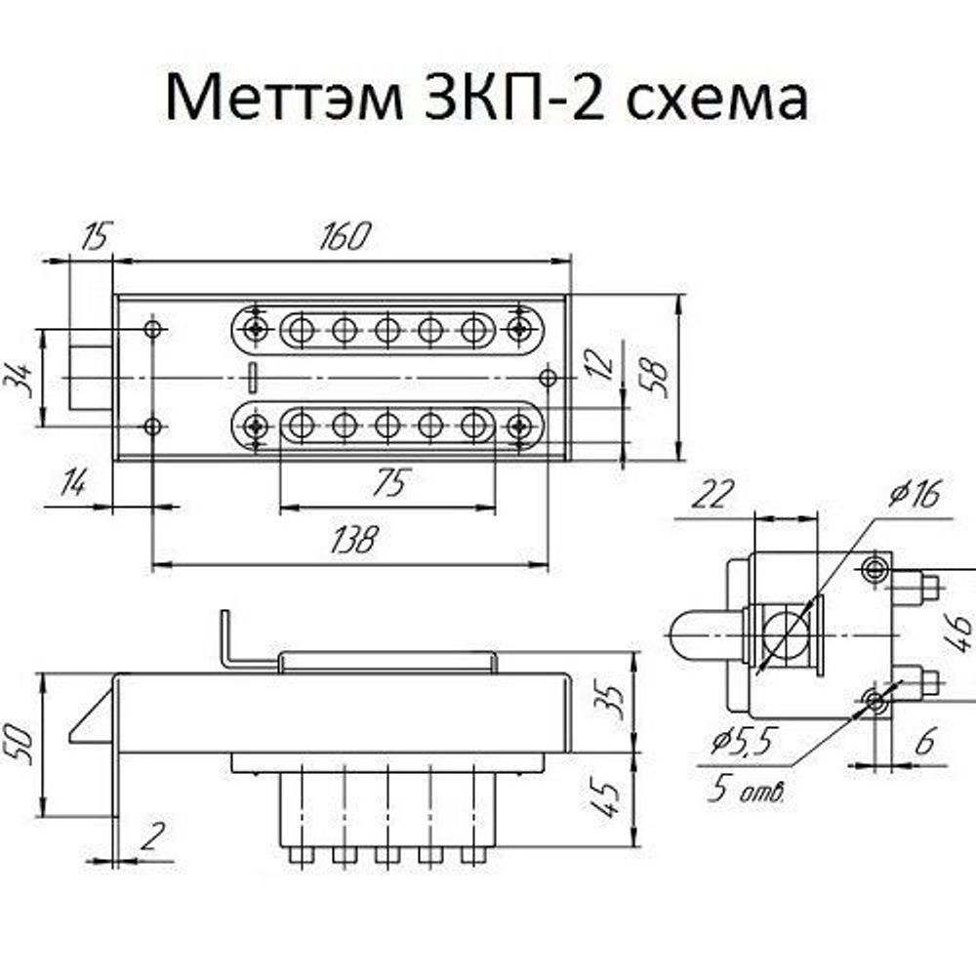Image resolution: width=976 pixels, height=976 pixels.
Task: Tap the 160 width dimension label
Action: pyautogui.click(x=346, y=236)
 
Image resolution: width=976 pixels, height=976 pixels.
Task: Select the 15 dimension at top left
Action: pyautogui.click(x=96, y=236)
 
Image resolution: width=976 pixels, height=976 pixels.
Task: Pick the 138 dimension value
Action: pyautogui.click(x=351, y=540)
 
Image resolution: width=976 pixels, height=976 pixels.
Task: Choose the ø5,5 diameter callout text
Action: pyautogui.click(x=741, y=744)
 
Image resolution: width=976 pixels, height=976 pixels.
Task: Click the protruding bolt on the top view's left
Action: pyautogui.click(x=90, y=379)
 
